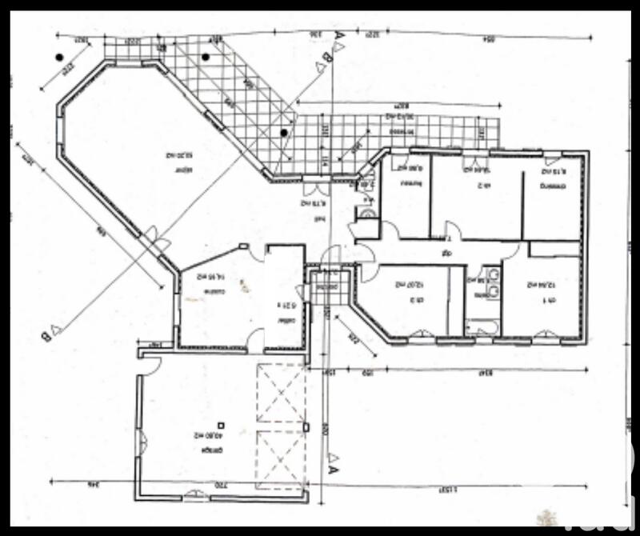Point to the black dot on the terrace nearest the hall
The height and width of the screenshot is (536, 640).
coord(283,132)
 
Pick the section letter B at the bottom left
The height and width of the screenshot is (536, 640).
coord(46,334)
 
